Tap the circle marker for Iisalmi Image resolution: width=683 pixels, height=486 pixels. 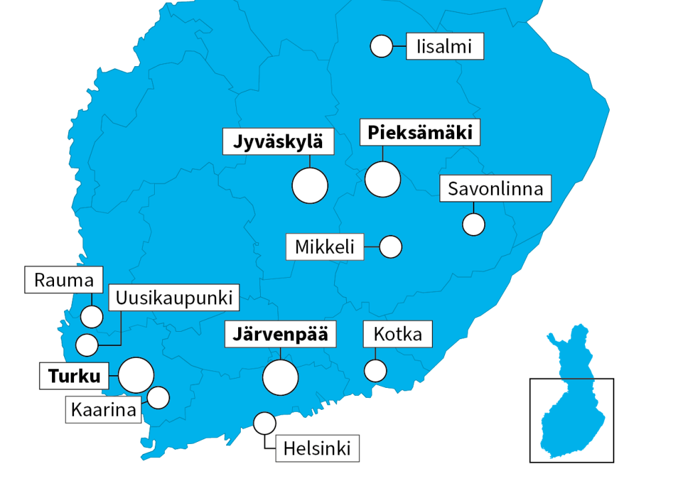[x=382, y=47]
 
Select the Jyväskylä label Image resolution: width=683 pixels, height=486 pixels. [x=277, y=142]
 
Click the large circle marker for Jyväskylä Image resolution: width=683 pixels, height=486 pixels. [x=310, y=186]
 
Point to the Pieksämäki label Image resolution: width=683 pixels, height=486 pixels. [x=420, y=133]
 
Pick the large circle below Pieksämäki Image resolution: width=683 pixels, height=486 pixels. [x=383, y=179]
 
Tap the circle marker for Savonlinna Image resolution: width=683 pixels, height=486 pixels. [x=474, y=224]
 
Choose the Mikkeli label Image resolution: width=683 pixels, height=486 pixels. [x=325, y=246]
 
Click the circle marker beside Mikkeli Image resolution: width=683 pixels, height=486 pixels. [x=390, y=246]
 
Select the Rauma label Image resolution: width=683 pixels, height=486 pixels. [x=65, y=279]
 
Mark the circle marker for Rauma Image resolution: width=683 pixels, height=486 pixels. [x=91, y=316]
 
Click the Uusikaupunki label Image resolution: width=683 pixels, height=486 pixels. [x=173, y=298]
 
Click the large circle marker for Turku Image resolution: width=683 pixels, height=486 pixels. [x=136, y=375]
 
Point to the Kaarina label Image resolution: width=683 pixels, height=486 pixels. [x=103, y=409]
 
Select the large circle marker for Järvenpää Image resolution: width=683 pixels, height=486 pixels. [x=280, y=378]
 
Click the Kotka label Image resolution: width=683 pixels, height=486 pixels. [x=398, y=334]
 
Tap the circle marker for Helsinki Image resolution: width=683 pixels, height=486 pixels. [x=264, y=423]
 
